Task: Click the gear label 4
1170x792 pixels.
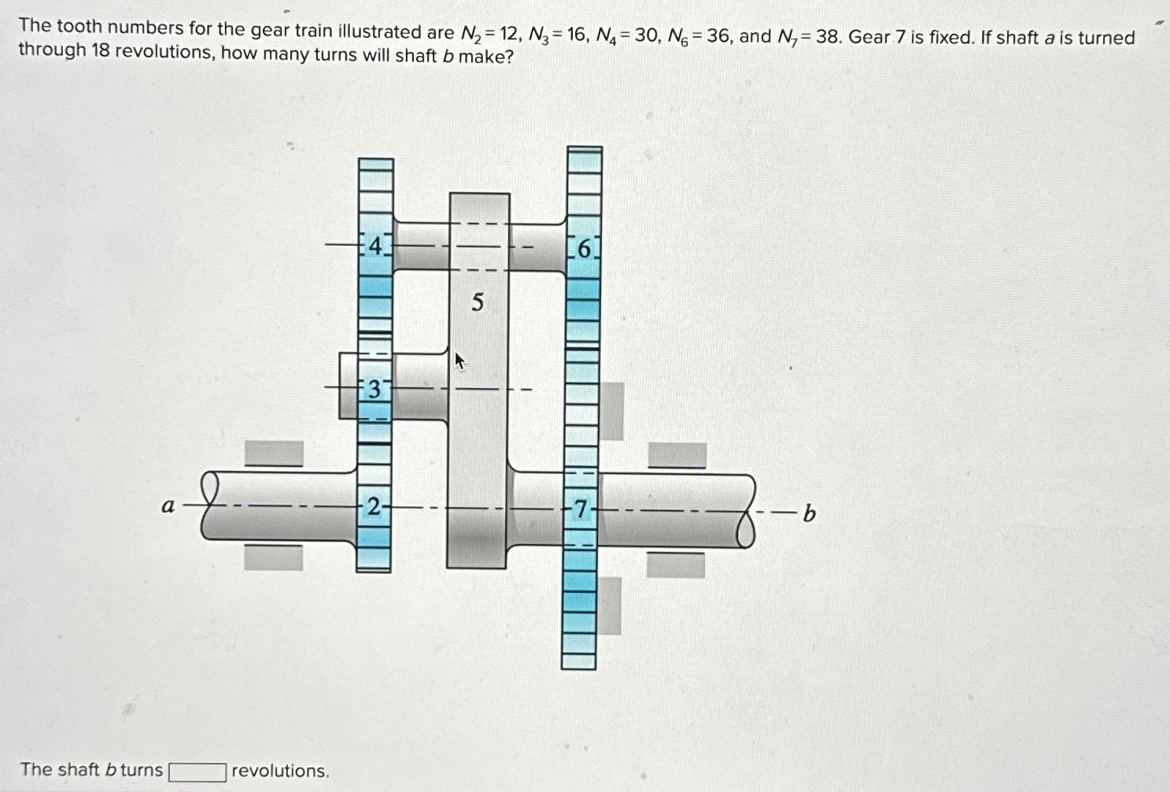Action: pyautogui.click(x=375, y=246)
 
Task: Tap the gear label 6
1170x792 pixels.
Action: pyautogui.click(x=583, y=249)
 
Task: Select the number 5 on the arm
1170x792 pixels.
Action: pyautogui.click(x=478, y=302)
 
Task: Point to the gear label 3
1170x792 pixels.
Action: pyautogui.click(x=375, y=389)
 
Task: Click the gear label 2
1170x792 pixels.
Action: pyautogui.click(x=374, y=508)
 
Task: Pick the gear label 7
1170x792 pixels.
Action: pyautogui.click(x=581, y=510)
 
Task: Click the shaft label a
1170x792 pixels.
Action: pyautogui.click(x=168, y=506)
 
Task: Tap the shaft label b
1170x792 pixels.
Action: pyautogui.click(x=809, y=515)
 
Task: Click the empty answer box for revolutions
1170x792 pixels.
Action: pyautogui.click(x=197, y=771)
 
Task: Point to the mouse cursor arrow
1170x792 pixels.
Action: pyautogui.click(x=460, y=361)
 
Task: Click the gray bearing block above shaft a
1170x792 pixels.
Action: pyautogui.click(x=274, y=453)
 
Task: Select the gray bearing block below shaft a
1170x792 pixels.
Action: pyautogui.click(x=273, y=557)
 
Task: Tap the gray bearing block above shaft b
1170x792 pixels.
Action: pyautogui.click(x=677, y=455)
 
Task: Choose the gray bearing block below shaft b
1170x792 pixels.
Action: pyautogui.click(x=675, y=564)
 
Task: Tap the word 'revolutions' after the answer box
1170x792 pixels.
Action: pyautogui.click(x=280, y=771)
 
